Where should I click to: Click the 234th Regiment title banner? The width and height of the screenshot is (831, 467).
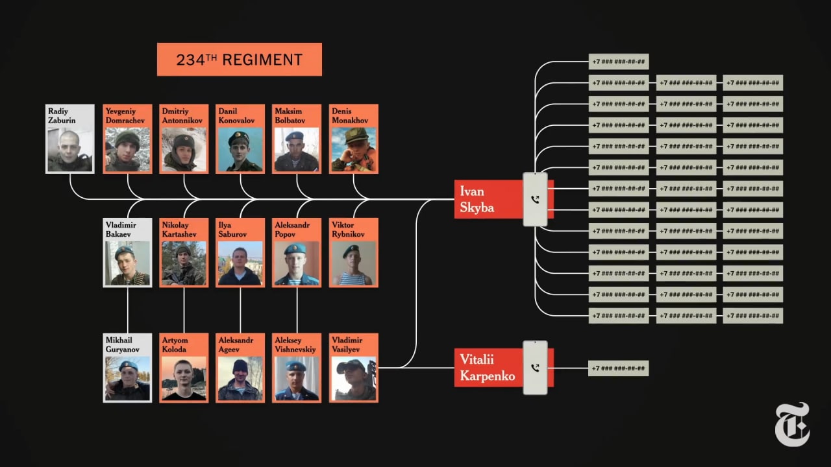point(239,60)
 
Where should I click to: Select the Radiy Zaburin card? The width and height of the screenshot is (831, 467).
point(69,139)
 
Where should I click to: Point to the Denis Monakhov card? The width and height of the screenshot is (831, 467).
point(353,139)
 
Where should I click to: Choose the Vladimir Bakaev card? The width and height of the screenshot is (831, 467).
point(127,253)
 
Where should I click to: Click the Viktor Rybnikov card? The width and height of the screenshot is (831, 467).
point(353,253)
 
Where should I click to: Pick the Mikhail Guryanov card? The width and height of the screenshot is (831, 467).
point(127,368)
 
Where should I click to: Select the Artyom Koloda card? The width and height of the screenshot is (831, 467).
point(184,368)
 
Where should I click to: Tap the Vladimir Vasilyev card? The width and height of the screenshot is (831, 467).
point(353,368)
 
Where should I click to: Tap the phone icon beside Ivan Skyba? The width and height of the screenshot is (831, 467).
point(535,200)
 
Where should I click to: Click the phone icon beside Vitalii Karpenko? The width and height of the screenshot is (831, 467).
point(535,368)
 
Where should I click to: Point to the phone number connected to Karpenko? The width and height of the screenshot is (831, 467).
point(618,368)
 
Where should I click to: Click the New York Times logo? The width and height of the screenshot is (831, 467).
point(792,424)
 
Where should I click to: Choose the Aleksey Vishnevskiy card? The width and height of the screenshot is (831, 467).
point(297,368)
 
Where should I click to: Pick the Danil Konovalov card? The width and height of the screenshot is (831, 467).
point(240,139)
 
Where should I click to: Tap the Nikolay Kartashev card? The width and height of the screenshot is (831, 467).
point(184,253)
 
